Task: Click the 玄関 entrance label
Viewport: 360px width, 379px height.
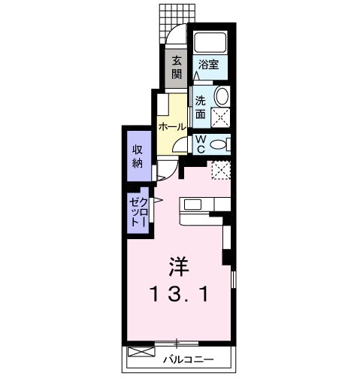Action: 176,67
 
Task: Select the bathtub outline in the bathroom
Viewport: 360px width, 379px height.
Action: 210,43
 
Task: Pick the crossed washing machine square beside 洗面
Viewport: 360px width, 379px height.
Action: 220,117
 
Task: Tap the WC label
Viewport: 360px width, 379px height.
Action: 201,143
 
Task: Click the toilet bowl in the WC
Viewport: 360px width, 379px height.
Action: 219,144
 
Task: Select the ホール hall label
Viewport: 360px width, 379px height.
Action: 171,127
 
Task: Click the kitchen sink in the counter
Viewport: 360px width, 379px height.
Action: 192,205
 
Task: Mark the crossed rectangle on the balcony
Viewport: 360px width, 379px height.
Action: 141,352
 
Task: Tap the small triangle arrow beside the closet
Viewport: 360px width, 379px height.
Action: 158,200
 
